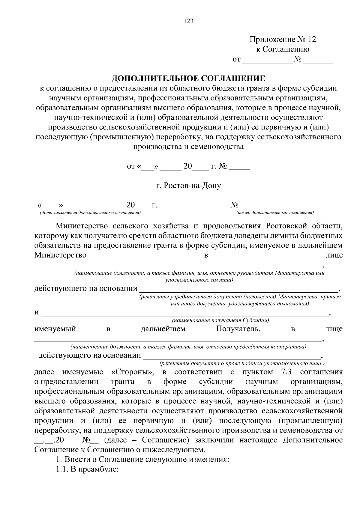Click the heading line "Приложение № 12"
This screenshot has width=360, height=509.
click(x=283, y=40)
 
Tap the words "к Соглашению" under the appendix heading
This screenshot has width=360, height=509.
click(x=282, y=49)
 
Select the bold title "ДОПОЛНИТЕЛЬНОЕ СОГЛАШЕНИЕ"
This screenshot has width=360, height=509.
click(x=188, y=79)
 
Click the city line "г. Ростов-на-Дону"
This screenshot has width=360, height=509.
click(x=188, y=186)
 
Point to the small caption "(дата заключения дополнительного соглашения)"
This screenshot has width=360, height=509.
click(x=88, y=213)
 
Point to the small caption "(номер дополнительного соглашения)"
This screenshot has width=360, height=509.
click(x=275, y=213)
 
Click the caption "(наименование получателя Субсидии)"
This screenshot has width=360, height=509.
click(x=220, y=320)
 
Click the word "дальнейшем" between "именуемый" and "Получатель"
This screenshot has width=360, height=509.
click(x=163, y=329)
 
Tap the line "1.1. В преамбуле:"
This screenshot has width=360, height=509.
click(x=88, y=469)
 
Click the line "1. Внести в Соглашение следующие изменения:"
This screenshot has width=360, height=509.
click(x=142, y=460)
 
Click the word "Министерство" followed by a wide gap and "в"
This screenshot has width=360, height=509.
click(x=60, y=255)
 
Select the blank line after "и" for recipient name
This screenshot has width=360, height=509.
click(x=184, y=314)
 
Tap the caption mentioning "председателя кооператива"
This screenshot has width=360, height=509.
click(x=188, y=347)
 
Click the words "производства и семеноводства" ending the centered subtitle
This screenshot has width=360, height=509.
click(x=188, y=147)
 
